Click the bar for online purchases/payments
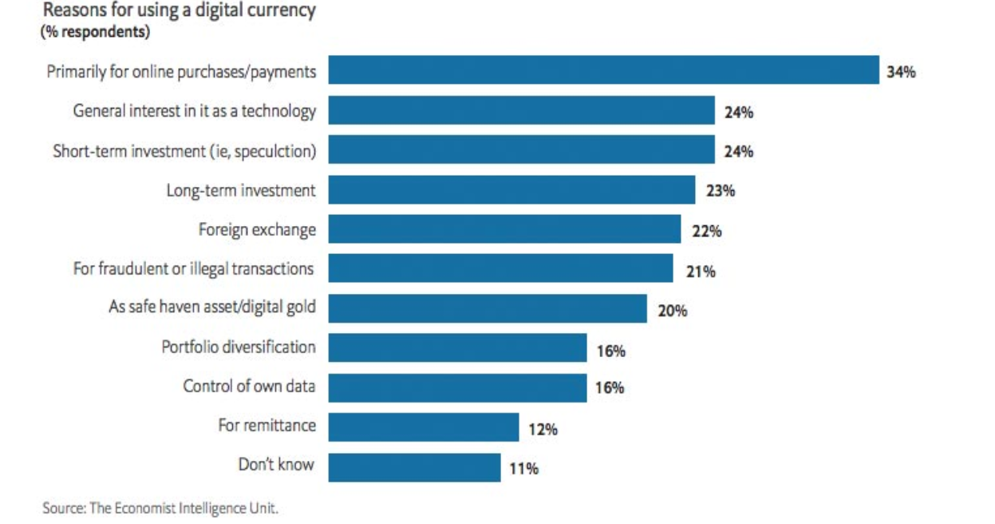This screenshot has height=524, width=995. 603,70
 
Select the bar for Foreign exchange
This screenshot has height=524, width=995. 504,229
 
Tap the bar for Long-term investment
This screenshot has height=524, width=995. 511,190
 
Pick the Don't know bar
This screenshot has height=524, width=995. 414,466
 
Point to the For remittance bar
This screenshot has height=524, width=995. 423,427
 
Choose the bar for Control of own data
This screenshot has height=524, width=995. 457,388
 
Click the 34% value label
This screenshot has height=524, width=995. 901,73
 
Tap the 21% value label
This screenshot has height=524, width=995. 701,272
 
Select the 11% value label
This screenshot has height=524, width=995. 523,469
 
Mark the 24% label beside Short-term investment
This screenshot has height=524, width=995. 739,152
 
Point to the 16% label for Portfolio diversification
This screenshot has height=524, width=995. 610,351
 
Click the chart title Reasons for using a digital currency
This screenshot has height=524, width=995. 179,11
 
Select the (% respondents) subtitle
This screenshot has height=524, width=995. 95,34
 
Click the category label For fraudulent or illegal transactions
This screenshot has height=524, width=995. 193,268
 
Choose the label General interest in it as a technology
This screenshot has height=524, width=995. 194,111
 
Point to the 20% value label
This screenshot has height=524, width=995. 672,311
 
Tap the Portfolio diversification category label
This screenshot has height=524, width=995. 238,347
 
